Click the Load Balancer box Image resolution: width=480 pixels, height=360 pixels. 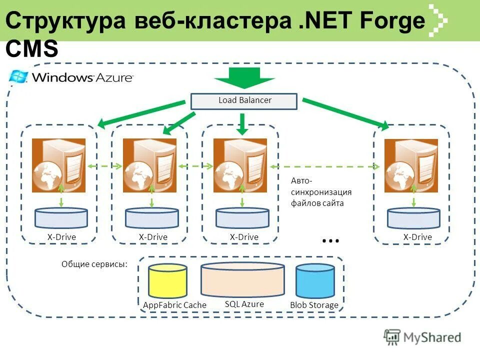244,101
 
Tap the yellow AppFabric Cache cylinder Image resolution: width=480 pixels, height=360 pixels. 167,280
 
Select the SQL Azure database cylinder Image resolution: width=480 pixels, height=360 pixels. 242,279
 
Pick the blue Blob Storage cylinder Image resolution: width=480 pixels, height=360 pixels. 314,281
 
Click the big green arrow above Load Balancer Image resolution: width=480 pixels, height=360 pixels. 244,77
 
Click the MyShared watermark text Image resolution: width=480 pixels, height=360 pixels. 432,337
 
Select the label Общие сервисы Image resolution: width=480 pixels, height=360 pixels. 94,264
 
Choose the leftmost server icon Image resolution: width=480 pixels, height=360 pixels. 58,165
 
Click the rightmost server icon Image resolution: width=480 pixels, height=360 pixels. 411,165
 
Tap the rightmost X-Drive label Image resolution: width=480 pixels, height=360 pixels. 417,237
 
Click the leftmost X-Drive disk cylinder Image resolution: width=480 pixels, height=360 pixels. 61,217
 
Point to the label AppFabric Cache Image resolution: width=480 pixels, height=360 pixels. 167,305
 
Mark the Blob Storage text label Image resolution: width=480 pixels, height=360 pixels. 314,305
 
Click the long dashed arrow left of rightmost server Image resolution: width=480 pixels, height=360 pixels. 325,166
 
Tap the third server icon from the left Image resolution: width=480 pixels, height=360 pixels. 240,165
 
